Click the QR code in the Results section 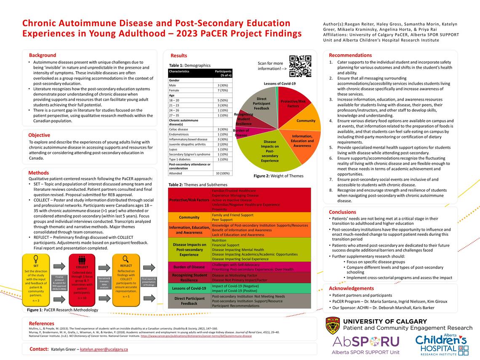coord(300,66)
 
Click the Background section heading coord(43,55)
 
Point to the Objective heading coord(39,135)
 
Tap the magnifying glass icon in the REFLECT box coord(125,259)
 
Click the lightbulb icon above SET coord(36,259)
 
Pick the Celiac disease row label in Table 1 coord(179,129)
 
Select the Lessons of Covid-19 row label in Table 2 coord(189,288)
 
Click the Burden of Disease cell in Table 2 coord(189,267)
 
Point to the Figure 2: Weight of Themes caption coord(278,176)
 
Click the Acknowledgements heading coord(351,288)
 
